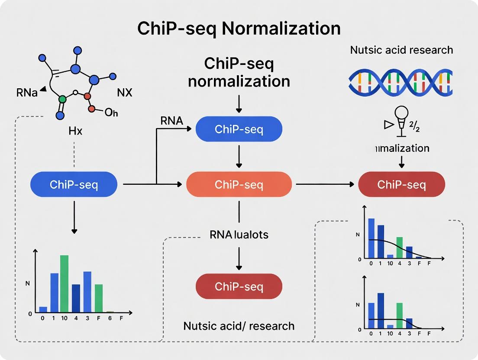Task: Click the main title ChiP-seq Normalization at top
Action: pos(239,29)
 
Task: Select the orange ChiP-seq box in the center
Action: pos(239,185)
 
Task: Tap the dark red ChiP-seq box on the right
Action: pos(401,185)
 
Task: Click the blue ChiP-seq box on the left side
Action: pos(74,185)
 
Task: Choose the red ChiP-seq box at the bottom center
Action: pos(239,286)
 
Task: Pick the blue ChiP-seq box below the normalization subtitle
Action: pos(239,129)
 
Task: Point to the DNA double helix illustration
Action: pos(400,82)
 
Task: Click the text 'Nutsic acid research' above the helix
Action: pos(401,50)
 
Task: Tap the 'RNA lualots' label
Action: pos(239,235)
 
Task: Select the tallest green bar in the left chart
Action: pos(64,283)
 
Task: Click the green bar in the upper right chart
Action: pos(399,247)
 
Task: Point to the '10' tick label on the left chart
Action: pos(64,318)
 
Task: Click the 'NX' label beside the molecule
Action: pos(125,93)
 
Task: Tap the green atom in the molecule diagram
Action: pos(63,99)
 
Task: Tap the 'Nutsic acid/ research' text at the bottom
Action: pos(239,325)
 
